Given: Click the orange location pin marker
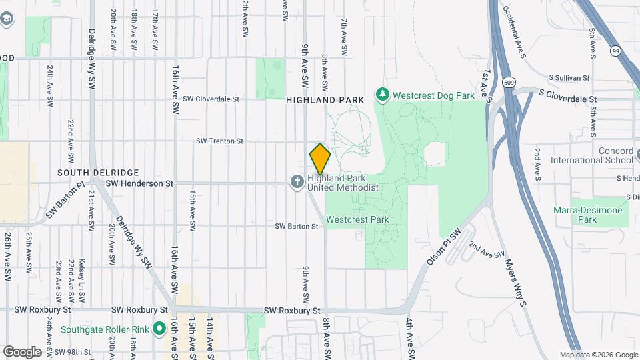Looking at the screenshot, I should [x=320, y=159].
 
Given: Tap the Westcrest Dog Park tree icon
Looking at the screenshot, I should [x=383, y=95].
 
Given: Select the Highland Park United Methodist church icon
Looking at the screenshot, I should [x=297, y=181].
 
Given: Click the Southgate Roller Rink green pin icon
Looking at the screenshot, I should [x=159, y=329].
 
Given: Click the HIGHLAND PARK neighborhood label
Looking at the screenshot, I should [x=325, y=100].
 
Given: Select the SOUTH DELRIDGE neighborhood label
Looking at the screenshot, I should [x=89, y=172].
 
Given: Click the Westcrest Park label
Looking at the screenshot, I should [x=358, y=219].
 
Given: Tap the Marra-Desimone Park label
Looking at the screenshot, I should [x=588, y=215].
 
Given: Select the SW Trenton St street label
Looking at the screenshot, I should [x=219, y=141].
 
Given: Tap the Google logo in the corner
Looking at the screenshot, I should [x=21, y=351].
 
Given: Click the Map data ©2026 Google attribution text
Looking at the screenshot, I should [x=598, y=355].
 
